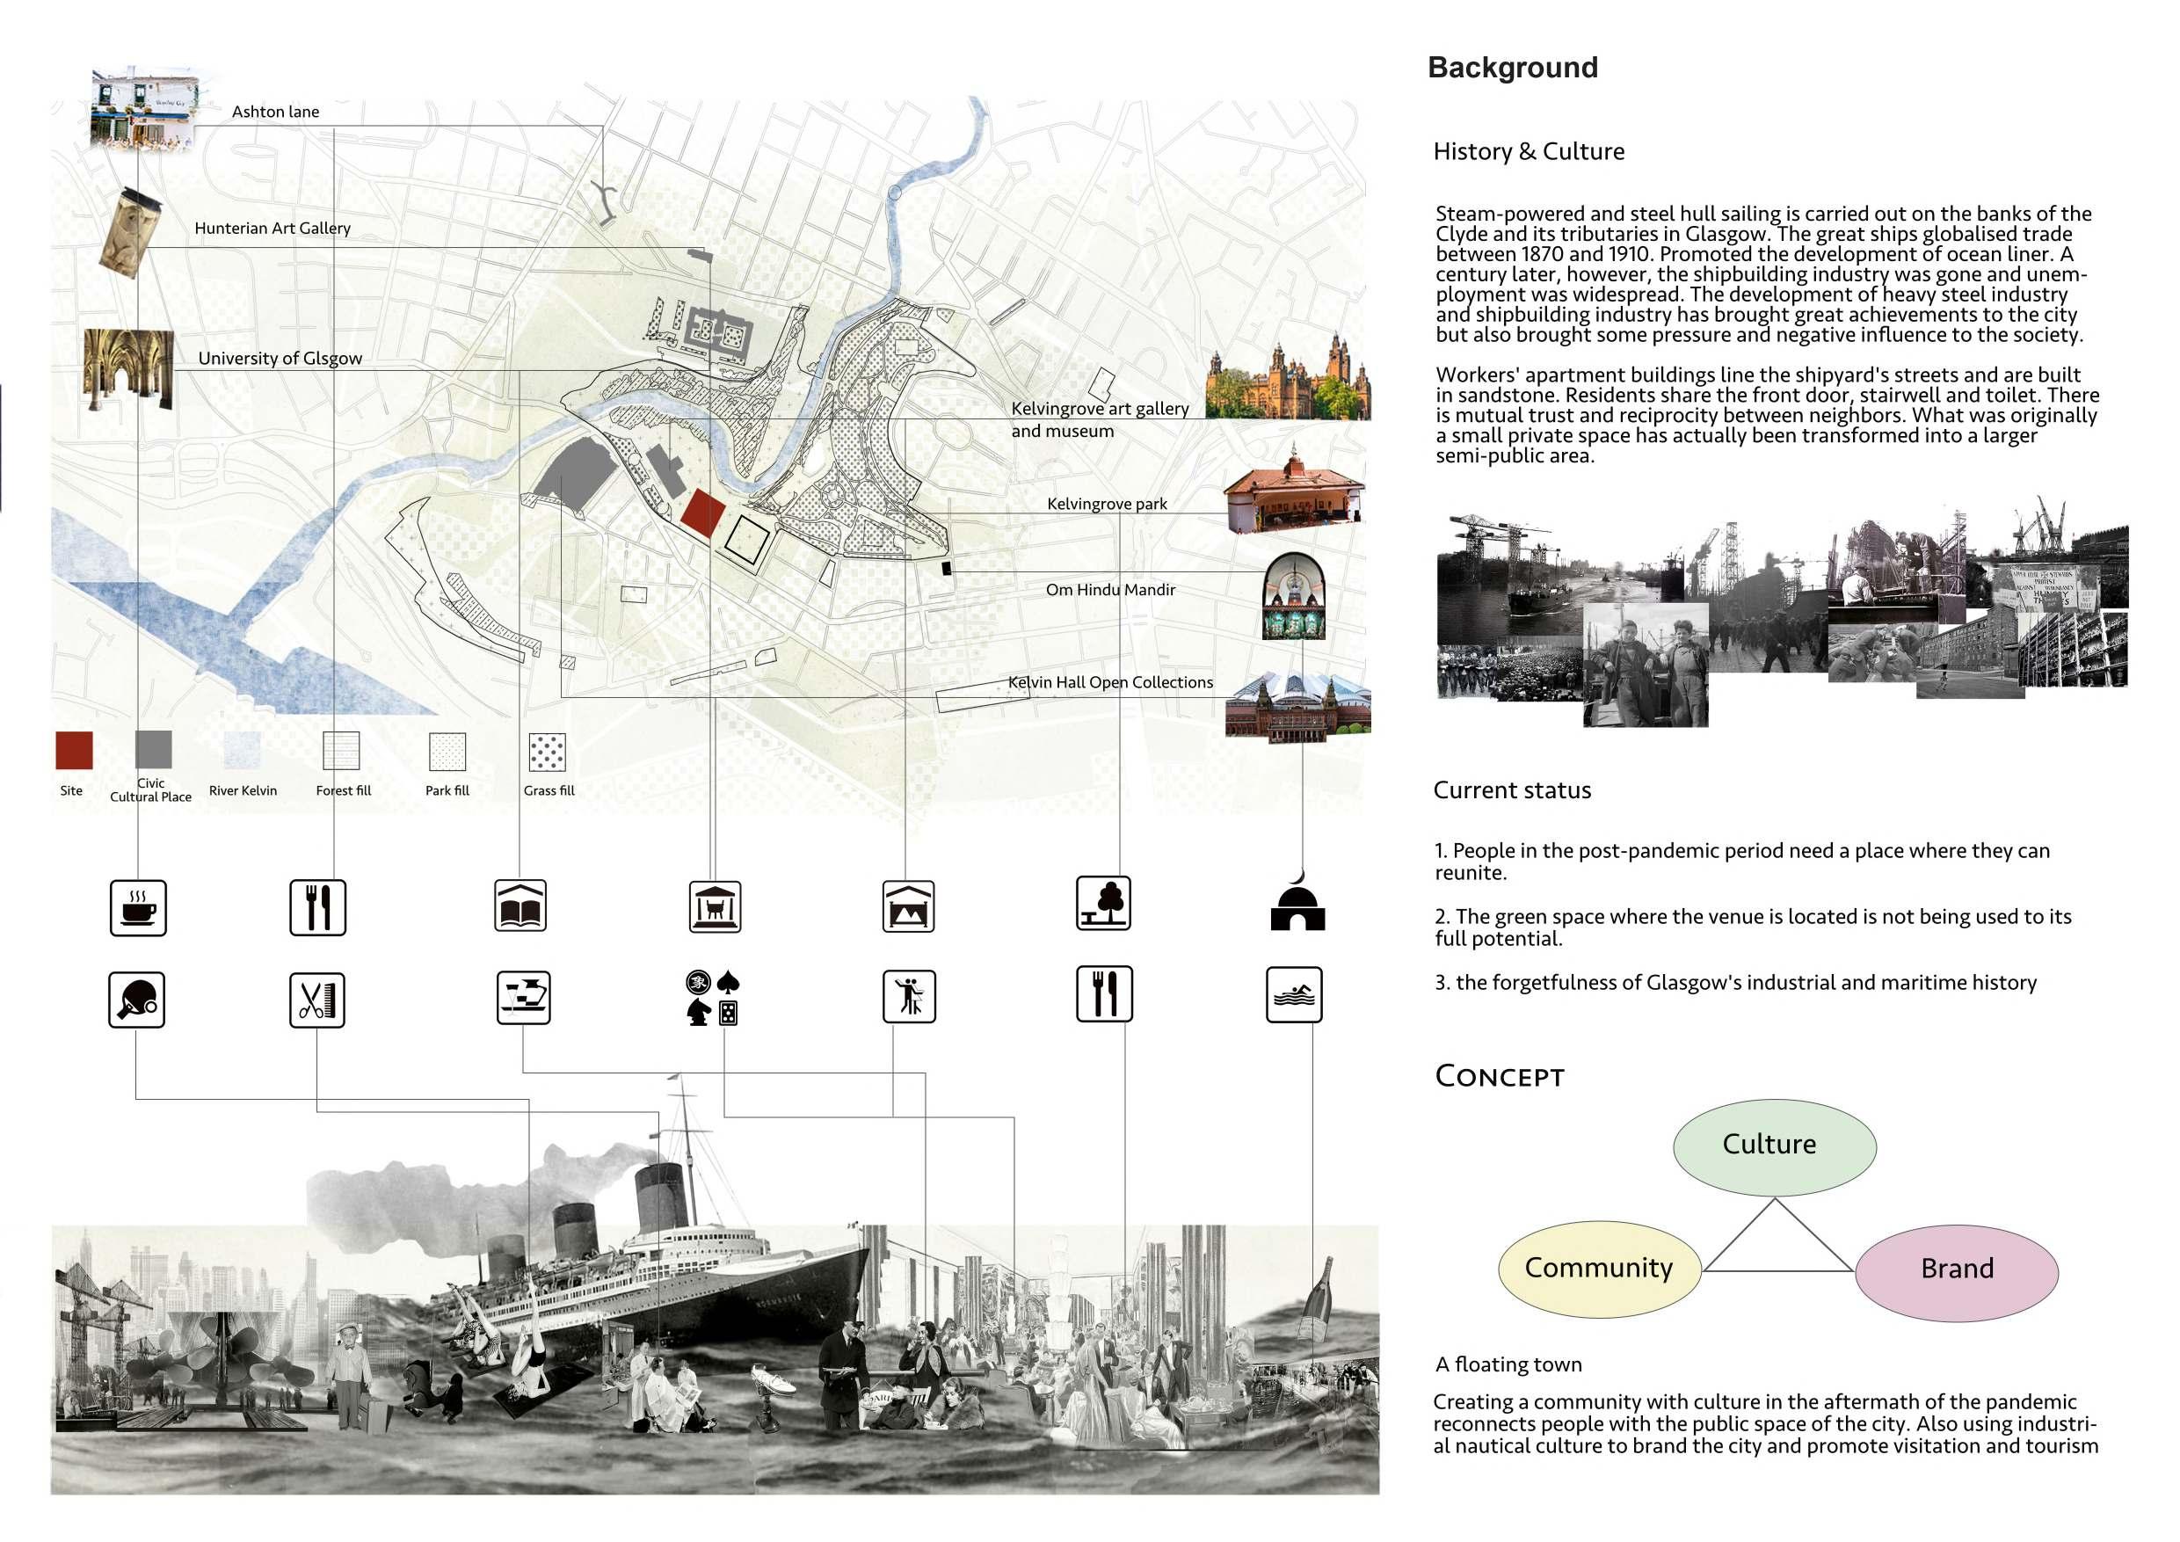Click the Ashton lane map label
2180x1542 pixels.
(275, 112)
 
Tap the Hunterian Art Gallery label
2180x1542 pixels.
(272, 228)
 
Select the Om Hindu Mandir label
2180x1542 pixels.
(1110, 590)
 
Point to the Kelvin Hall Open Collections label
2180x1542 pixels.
(1110, 683)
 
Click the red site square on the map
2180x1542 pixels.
(702, 513)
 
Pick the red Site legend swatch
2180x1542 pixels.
(74, 750)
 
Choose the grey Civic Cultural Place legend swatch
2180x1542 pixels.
(153, 749)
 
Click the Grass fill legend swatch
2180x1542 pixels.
(547, 752)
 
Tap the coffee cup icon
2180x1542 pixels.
(139, 908)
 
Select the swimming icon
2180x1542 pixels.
(1293, 994)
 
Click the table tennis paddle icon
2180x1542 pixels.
(137, 1000)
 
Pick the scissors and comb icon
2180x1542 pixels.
(317, 1000)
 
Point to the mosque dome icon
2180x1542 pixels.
(1297, 905)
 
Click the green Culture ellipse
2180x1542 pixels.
(1774, 1146)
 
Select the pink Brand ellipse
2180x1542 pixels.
(1956, 1270)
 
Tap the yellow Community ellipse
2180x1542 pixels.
(1599, 1269)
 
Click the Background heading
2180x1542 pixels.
(1513, 68)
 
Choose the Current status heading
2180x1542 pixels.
(1512, 790)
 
